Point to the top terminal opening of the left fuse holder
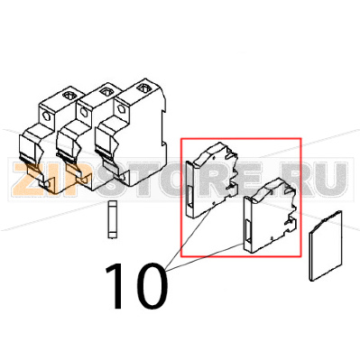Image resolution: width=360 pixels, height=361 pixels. pos(65,95)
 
